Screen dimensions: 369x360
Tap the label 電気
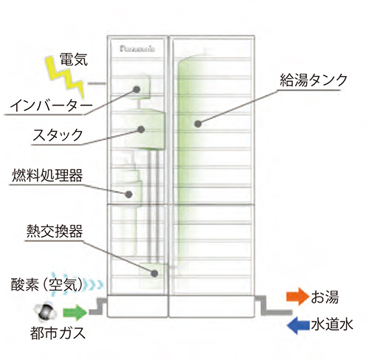74,59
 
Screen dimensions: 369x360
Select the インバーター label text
51,106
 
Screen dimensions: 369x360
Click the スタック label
58,135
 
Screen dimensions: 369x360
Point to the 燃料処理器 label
47,176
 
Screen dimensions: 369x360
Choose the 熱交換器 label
55,231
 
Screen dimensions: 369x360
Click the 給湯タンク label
314,80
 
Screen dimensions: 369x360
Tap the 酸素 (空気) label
46,285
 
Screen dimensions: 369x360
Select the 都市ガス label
58,333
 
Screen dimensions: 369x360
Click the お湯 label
325,297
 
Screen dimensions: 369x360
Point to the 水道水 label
332,325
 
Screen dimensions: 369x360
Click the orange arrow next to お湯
297,296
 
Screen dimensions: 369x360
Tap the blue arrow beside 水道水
298,325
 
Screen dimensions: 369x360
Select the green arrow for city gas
75,312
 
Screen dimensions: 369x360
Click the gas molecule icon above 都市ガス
46,312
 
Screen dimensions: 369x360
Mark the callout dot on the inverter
137,89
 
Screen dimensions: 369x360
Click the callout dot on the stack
141,129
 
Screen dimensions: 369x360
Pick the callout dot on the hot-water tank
198,124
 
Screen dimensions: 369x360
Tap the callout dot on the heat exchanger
154,273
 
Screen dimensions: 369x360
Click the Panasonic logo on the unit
137,49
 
